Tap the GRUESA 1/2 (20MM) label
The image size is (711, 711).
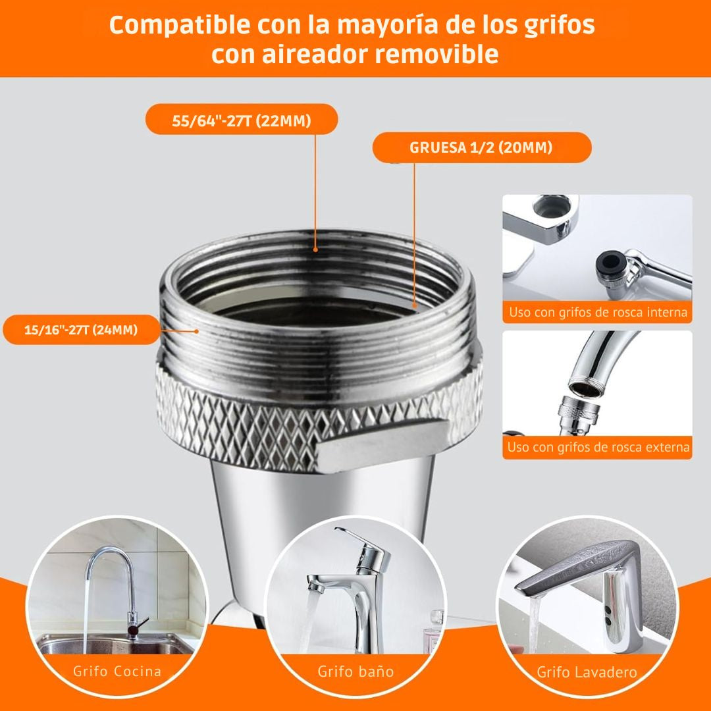tap(481, 147)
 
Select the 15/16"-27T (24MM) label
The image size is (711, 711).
tap(81, 330)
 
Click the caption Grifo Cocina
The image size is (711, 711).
tap(117, 671)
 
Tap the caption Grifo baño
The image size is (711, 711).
tap(355, 671)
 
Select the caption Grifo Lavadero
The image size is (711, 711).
tap(587, 672)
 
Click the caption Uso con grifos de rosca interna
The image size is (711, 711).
tap(598, 312)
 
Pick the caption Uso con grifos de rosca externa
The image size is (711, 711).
tap(598, 448)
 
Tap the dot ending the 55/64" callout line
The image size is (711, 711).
tap(316, 250)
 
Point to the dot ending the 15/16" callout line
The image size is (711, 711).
tap(196, 330)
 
